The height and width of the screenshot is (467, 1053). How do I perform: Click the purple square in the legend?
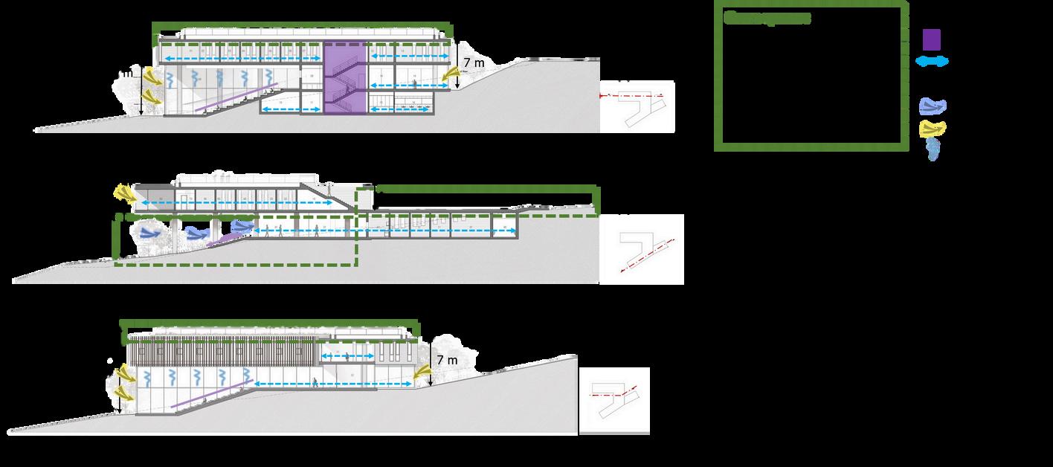click(x=932, y=39)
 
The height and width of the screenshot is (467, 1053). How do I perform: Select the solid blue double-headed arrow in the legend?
click(x=932, y=62)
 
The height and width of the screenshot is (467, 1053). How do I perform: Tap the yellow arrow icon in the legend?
click(x=933, y=129)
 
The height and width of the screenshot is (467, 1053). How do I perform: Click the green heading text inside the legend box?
click(x=767, y=19)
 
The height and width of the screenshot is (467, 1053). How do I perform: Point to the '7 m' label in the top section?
click(x=474, y=63)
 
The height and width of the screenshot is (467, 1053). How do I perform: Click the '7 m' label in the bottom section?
click(x=447, y=360)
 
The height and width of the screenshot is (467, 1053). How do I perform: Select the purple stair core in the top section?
click(x=344, y=78)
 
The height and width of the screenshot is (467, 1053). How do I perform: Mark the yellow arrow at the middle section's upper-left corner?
click(x=124, y=193)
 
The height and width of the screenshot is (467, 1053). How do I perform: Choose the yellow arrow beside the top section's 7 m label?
click(x=451, y=74)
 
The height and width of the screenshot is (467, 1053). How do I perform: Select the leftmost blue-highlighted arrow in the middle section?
click(x=148, y=233)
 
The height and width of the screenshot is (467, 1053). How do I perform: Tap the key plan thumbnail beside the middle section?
click(x=641, y=249)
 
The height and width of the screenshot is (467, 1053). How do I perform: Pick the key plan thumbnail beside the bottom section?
click(x=614, y=400)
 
